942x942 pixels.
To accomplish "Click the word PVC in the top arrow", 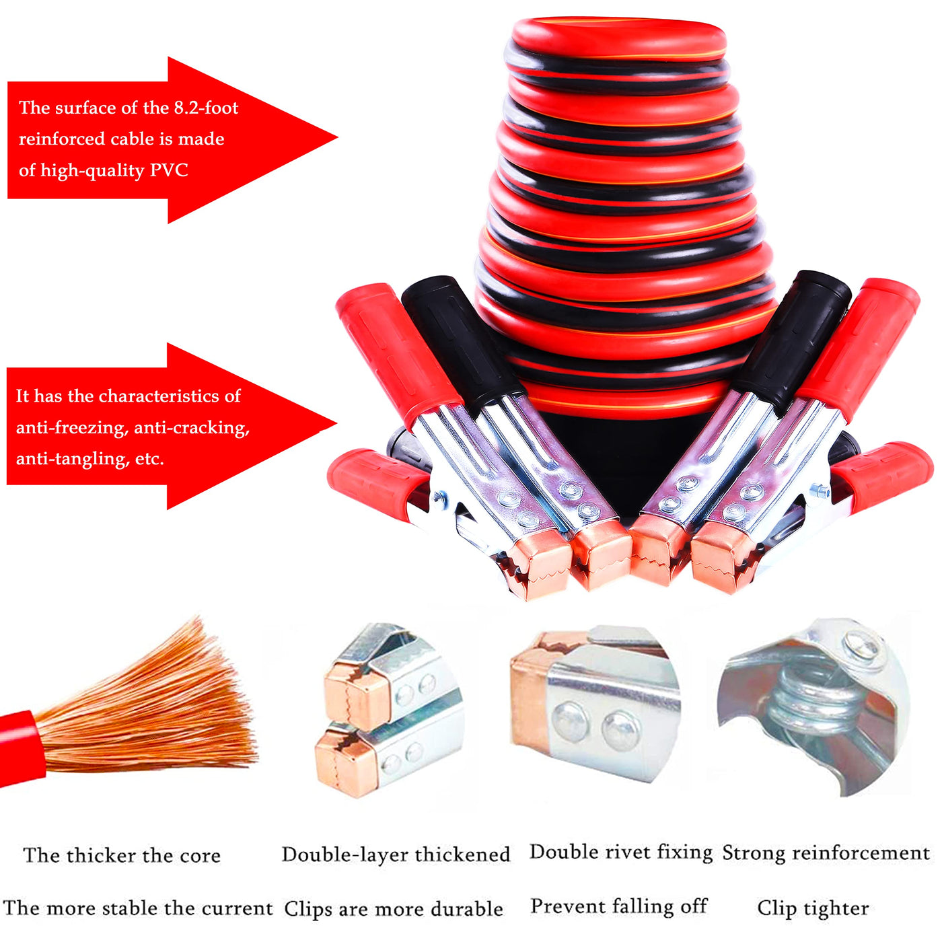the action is [169, 170].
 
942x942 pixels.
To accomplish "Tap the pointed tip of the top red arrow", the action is [337, 138].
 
